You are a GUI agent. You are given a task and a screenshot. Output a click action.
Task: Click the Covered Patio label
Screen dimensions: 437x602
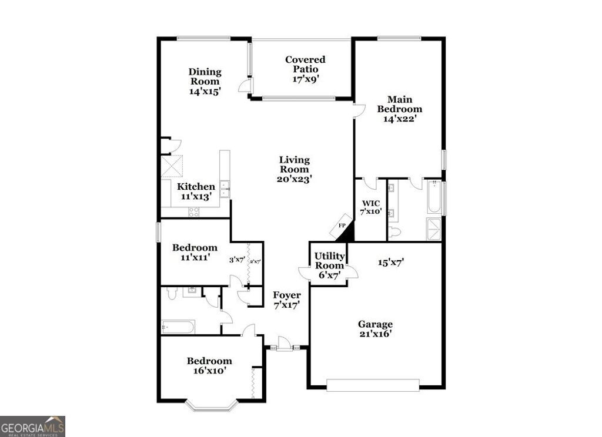coord(305,69)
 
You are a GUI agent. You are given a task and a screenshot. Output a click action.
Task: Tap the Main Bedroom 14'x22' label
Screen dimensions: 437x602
coord(399,109)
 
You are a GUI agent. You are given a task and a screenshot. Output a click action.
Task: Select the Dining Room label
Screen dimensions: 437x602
coord(205,81)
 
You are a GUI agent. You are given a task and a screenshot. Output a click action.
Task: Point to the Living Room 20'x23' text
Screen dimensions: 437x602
coord(294,169)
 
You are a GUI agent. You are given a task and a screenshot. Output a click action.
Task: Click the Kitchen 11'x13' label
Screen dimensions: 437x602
coord(196,191)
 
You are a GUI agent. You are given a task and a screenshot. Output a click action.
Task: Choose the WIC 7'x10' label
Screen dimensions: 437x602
coord(370,207)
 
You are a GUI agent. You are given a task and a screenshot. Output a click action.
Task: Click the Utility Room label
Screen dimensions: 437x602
coord(329,265)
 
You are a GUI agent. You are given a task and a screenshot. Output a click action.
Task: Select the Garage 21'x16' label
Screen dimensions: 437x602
coord(376,329)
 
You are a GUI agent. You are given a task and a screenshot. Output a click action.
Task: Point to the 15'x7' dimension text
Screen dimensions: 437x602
coord(390,263)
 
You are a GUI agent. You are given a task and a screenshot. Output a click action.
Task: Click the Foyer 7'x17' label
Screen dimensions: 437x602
coord(287,300)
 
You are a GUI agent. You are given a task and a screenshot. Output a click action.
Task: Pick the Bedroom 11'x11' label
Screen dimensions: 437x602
coord(195,253)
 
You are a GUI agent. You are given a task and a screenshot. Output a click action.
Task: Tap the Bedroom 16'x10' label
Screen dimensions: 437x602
coord(209,366)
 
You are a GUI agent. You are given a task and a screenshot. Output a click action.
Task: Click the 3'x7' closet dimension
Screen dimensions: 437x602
coord(236,260)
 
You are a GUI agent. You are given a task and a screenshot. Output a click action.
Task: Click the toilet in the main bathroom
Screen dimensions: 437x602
coord(393,233)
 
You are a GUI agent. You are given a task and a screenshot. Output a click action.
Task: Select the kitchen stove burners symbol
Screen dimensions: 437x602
coord(193,212)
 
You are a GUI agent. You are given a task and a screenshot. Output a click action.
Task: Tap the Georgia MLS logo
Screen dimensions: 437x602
coord(32,426)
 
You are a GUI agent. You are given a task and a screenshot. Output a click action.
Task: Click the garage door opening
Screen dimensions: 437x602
coord(373,385)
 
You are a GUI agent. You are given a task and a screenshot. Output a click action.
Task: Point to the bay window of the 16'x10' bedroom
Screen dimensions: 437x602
coord(212,405)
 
